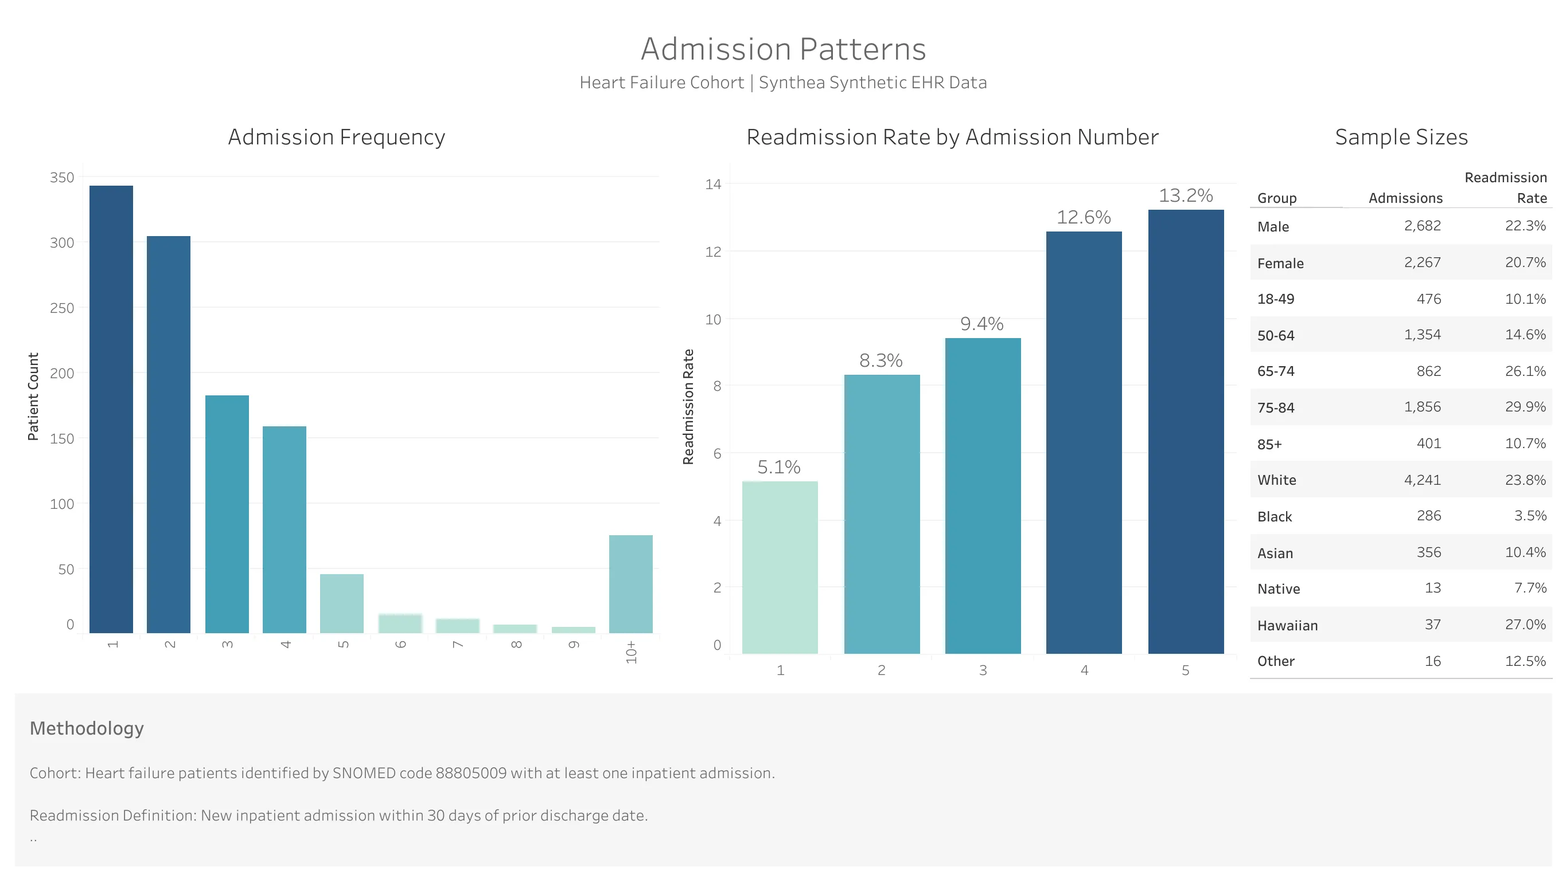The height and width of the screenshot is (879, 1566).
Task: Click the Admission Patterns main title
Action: [x=783, y=49]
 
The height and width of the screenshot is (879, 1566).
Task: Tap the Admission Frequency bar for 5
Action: [x=342, y=603]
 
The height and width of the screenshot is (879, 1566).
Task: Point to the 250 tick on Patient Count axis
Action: [x=62, y=308]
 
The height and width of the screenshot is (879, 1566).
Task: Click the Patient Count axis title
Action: [x=33, y=396]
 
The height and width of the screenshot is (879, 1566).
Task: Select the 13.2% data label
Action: [x=1186, y=195]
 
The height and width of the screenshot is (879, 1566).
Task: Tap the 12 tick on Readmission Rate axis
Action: [x=713, y=252]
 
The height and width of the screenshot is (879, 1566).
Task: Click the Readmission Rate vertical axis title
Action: [x=688, y=406]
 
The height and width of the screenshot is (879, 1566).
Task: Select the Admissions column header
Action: [x=1405, y=198]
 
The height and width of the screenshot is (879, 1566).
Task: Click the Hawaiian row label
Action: [x=1287, y=625]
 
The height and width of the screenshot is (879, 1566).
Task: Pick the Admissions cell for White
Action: [x=1422, y=480]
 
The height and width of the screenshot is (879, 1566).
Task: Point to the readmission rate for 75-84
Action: [x=1525, y=406]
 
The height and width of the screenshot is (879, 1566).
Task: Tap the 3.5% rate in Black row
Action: [x=1529, y=516]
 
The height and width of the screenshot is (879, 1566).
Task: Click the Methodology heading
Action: [x=86, y=728]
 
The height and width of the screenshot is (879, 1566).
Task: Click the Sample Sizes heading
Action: [x=1401, y=137]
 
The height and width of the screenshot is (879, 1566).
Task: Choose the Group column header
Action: [x=1277, y=198]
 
